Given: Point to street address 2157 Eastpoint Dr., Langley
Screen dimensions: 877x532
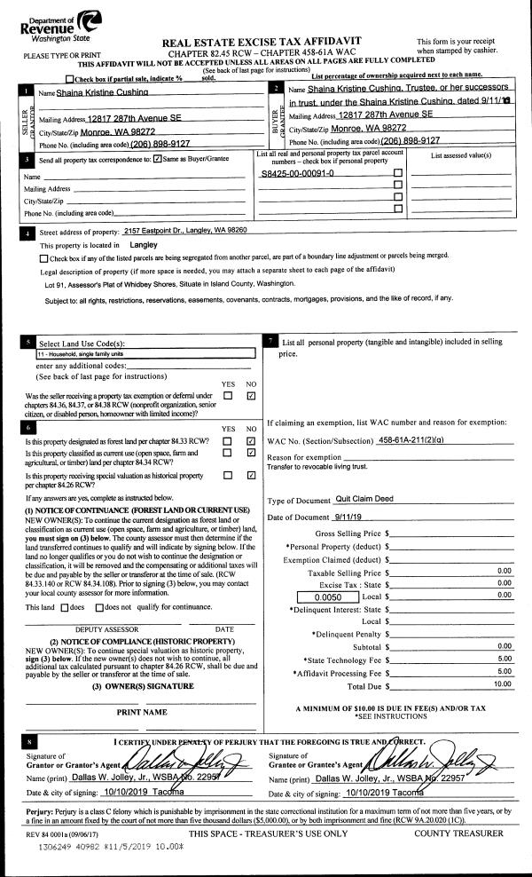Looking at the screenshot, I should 184,231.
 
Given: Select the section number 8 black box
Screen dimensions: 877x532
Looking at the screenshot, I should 30,739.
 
